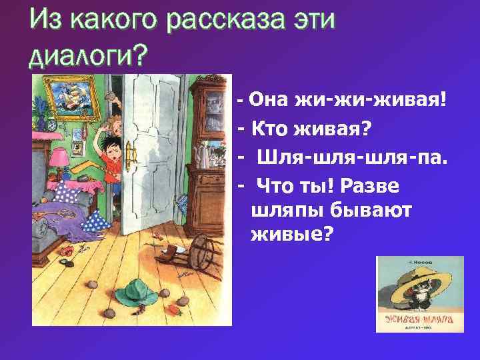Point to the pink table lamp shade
pyautogui.click(x=61, y=157)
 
